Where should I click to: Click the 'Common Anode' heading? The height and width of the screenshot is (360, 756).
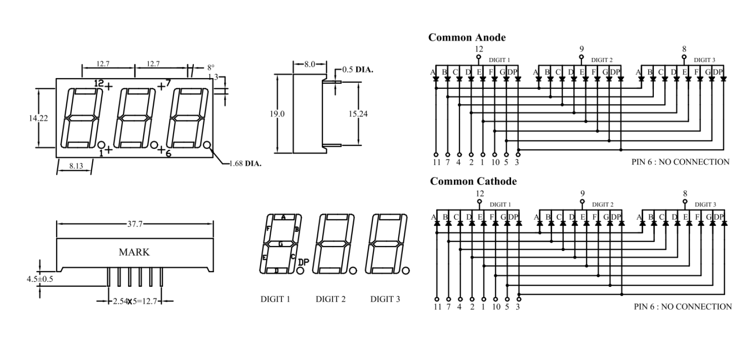[x=467, y=38]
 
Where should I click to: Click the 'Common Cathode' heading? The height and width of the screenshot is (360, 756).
[x=473, y=181]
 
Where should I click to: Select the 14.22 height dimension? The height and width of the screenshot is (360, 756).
[x=38, y=118]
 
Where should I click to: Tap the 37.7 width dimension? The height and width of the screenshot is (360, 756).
[x=135, y=224]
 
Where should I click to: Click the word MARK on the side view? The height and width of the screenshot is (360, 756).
[x=134, y=252]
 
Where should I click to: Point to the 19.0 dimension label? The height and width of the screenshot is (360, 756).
[x=277, y=114]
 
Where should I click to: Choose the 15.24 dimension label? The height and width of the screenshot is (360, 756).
[x=358, y=114]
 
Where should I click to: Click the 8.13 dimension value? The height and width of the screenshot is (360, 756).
[x=76, y=166]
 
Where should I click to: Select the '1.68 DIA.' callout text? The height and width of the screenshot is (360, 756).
[x=245, y=163]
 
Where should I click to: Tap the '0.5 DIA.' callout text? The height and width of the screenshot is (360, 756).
[x=358, y=70]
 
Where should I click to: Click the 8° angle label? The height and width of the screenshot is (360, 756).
[x=211, y=67]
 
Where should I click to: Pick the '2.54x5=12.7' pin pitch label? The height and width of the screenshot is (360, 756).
[x=135, y=302]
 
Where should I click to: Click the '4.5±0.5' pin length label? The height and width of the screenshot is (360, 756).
[x=40, y=279]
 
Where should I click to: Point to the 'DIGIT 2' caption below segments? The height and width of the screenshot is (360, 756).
[x=331, y=299]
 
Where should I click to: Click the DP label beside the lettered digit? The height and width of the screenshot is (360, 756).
[x=303, y=263]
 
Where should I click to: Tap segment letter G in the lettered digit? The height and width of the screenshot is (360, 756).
[x=280, y=244]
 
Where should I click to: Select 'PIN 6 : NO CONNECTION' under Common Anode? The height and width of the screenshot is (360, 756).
[x=680, y=162]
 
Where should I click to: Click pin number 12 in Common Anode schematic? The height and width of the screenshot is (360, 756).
[x=479, y=49]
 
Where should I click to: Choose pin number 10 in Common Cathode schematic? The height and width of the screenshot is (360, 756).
[x=495, y=307]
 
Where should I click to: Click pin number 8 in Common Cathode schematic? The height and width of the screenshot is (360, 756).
[x=685, y=194]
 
